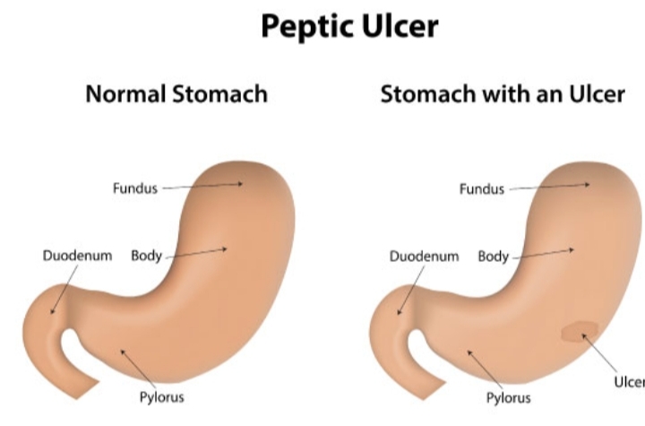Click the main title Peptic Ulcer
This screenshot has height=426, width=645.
coord(350,26)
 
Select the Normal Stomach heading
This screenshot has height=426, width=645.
coord(176,94)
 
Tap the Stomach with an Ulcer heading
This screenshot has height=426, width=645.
coord(503,94)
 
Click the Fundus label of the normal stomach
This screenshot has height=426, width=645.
coord(135,188)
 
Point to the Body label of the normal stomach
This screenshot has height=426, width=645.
coord(146,256)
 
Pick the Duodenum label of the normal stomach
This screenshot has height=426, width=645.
coord(78,256)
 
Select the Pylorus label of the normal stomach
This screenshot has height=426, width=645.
coord(162,396)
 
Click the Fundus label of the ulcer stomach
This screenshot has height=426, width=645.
coord(482,188)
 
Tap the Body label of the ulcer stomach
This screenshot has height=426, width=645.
coord(493,256)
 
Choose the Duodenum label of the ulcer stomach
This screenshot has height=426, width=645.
coord(424,256)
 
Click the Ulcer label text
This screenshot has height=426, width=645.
coord(628,380)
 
